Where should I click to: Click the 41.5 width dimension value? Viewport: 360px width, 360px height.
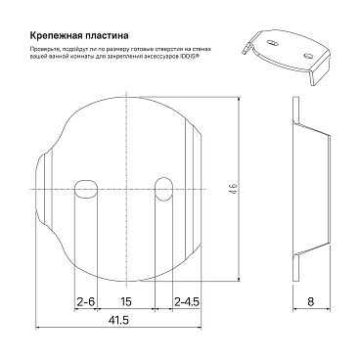[118, 322]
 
